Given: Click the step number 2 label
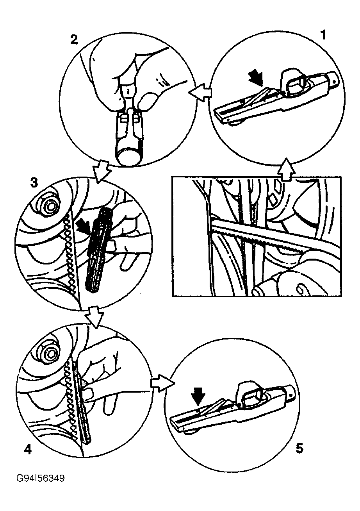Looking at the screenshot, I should coord(73,39).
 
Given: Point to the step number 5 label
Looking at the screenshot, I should coord(299,448).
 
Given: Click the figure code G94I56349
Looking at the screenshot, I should coord(41,478).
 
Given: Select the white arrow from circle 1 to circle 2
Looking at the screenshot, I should coord(199,92).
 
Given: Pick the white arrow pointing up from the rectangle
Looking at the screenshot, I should coord(286,170).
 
